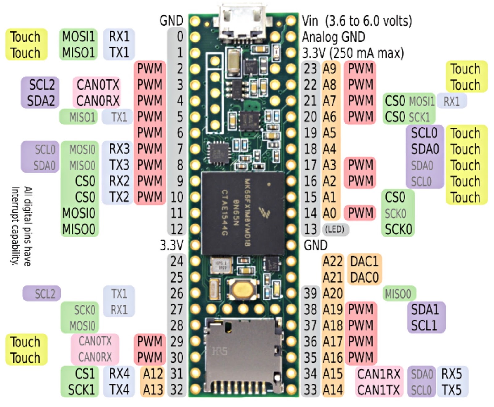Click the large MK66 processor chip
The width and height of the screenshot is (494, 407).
pos(243,213)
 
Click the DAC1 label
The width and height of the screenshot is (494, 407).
pos(364,262)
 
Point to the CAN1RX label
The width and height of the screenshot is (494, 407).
pos(379,374)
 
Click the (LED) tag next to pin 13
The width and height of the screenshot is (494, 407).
pos(335,229)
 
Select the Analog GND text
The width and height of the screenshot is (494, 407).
pos(333,37)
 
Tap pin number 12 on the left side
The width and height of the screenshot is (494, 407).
pos(177,229)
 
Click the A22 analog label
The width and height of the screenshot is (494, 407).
pos(332,262)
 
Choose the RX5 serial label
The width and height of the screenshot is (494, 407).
pos(451,374)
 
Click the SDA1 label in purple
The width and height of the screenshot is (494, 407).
pos(425,309)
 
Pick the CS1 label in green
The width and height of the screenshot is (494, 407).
pos(85,374)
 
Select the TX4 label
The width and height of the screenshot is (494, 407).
pos(119,390)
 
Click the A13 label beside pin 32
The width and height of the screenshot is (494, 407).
pos(153,390)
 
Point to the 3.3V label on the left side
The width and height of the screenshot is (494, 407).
pos(171,245)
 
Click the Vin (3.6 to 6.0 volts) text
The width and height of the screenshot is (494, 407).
pos(357,21)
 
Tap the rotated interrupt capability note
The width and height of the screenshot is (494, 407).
pos(22,226)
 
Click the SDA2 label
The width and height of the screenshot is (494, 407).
pos(41,101)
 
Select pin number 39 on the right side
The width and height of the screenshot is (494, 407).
pos(310,293)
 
